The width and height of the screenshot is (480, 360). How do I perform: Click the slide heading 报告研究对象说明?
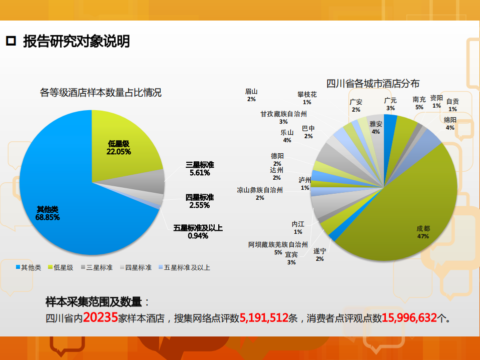76,42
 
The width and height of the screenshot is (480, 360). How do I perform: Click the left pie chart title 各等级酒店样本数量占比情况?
101,93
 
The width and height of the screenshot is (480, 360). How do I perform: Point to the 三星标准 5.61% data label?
200,169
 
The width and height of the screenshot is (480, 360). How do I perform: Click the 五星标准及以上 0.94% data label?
198,232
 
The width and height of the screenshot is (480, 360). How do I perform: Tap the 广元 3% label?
390,104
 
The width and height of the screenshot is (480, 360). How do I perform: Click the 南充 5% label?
419,103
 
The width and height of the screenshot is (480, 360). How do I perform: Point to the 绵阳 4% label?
450,123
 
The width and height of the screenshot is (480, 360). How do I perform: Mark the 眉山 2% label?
251,95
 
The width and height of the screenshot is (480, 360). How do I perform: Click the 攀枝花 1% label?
307,98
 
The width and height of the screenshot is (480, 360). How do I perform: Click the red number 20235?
100,317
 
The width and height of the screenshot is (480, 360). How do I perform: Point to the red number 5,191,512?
264,317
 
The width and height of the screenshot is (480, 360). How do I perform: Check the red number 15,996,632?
409,317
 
